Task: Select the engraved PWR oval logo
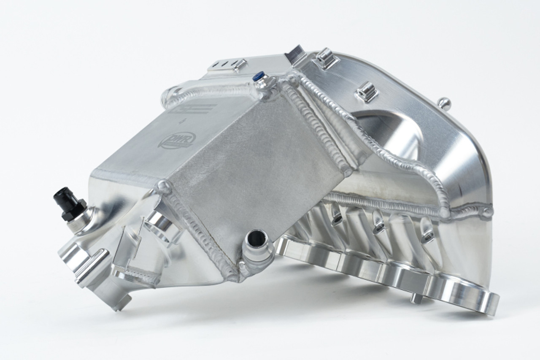176,140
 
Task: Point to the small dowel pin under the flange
416,298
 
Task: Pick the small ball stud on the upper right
443,102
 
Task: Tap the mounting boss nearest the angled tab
326,59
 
